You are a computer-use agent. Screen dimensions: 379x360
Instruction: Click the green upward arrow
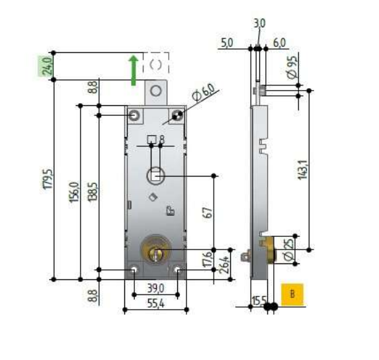click(133, 70)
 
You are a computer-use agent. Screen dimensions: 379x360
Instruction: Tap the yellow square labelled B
click(292, 294)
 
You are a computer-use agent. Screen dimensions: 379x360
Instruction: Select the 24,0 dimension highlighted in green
click(46, 66)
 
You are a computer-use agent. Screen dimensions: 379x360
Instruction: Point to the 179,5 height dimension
click(48, 179)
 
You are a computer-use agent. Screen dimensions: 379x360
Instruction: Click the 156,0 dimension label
click(74, 191)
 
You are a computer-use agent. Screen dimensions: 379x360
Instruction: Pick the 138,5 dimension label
click(93, 191)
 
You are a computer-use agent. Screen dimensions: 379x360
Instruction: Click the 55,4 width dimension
click(155, 304)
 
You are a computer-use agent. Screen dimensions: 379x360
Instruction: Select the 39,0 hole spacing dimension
click(155, 288)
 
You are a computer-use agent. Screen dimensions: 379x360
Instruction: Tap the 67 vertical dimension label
click(208, 213)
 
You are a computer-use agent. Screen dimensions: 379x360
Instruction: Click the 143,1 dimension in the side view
click(303, 169)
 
